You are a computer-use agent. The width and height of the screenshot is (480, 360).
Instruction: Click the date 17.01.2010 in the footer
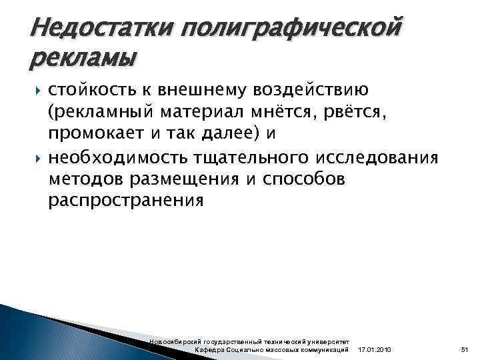375,349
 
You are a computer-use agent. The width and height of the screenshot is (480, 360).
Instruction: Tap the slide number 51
465,349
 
